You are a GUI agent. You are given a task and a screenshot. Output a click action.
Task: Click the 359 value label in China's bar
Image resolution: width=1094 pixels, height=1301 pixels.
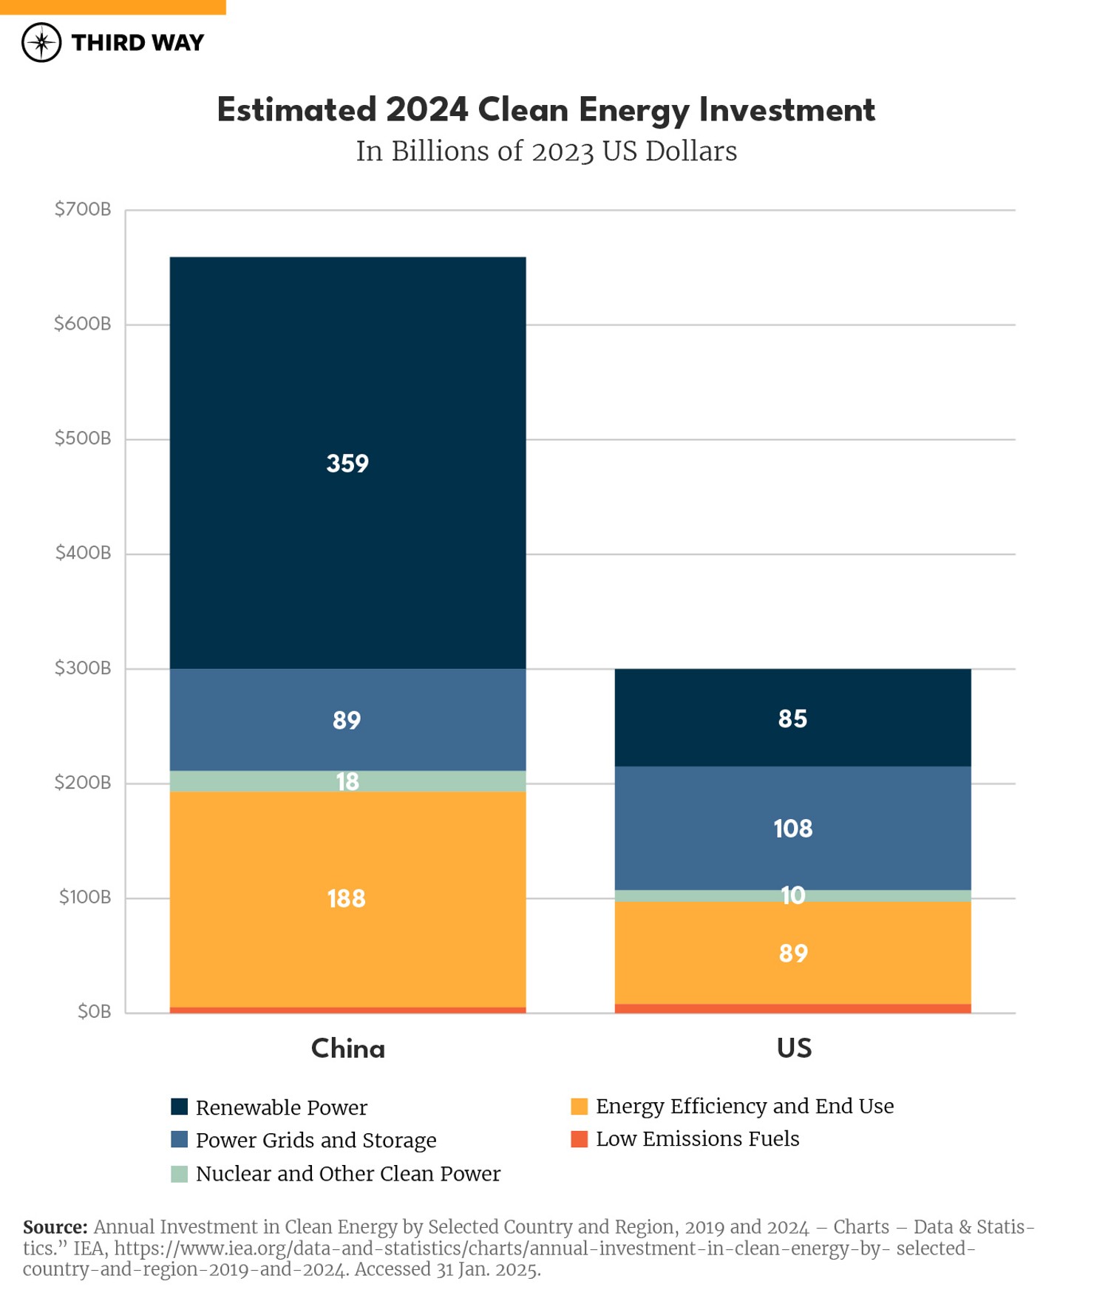click(347, 463)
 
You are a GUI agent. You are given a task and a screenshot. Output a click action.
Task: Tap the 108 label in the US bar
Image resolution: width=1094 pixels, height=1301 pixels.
click(792, 829)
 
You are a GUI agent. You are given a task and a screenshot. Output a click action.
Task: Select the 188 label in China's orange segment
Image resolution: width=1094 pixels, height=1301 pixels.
click(346, 899)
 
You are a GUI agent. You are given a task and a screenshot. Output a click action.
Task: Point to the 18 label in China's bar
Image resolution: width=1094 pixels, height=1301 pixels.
click(347, 781)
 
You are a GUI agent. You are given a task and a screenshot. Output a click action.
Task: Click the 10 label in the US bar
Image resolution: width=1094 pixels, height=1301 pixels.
click(792, 896)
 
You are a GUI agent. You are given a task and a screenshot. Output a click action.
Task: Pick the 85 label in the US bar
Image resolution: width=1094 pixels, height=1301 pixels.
click(792, 719)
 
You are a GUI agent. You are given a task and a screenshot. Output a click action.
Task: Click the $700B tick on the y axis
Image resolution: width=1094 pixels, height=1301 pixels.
click(83, 209)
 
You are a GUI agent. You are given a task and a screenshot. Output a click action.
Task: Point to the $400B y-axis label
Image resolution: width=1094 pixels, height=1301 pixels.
click(83, 553)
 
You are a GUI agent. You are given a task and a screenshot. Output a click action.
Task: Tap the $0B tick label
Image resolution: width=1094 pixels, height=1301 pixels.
click(94, 1011)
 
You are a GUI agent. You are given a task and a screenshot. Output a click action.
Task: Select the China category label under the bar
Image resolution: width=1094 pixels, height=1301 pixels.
click(347, 1048)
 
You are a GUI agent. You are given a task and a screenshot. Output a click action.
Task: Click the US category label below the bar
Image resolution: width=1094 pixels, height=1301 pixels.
click(794, 1048)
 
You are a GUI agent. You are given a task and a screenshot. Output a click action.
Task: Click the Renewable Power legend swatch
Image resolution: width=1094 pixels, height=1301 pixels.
click(180, 1107)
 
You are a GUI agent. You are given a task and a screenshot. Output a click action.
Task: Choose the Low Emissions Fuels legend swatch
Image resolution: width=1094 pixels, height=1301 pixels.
click(580, 1139)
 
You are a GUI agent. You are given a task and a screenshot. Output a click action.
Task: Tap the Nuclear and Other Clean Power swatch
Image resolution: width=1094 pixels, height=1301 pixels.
click(180, 1174)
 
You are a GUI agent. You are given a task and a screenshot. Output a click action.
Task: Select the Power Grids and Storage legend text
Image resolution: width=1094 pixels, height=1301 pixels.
click(316, 1141)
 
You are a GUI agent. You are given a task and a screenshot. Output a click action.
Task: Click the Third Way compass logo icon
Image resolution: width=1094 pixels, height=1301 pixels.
click(41, 42)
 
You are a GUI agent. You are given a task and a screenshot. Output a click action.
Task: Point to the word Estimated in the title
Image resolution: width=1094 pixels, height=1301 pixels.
click(296, 110)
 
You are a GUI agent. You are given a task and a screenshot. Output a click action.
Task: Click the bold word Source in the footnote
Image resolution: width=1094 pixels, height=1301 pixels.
click(55, 1227)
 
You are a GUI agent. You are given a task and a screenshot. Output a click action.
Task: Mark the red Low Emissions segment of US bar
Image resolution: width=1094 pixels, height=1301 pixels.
click(792, 1008)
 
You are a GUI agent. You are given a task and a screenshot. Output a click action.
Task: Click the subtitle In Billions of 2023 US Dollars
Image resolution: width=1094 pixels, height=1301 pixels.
click(546, 152)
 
